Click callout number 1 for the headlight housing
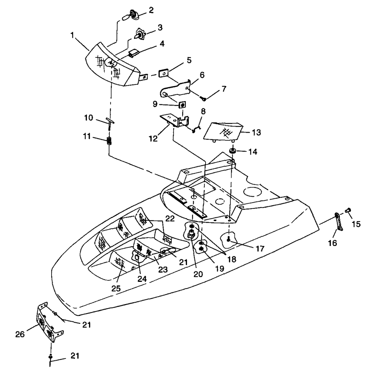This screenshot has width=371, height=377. (x=72, y=35)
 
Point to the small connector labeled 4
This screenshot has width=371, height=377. (x=133, y=53)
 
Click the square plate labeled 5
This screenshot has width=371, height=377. (x=163, y=73)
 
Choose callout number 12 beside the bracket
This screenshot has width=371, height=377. (x=153, y=139)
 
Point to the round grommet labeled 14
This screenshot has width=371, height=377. (x=233, y=151)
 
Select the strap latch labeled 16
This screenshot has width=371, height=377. (x=338, y=222)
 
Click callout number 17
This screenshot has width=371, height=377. (x=260, y=248)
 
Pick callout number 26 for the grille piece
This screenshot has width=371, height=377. (x=20, y=334)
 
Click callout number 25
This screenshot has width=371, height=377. (x=116, y=288)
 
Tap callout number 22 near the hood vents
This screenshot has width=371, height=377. (x=170, y=218)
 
